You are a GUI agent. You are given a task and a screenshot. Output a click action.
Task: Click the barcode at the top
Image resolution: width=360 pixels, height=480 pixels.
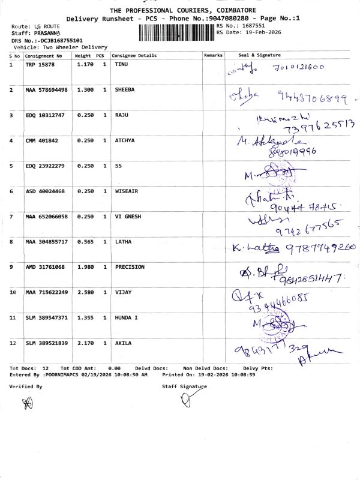click(176, 32)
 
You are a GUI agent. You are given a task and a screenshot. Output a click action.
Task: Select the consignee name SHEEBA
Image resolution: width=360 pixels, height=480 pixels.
click(125, 89)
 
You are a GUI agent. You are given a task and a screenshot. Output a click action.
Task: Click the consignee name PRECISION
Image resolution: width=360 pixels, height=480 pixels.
click(130, 267)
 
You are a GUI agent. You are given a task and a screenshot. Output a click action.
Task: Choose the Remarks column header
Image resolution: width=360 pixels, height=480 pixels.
click(213, 55)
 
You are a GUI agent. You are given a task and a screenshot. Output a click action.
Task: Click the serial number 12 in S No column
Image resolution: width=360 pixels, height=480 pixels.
click(13, 343)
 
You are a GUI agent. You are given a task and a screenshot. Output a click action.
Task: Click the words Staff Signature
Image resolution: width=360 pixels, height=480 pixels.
click(184, 387)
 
